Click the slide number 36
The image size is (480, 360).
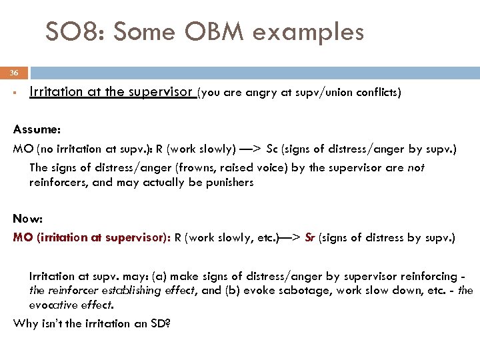[14, 73]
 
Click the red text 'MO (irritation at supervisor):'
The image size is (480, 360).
[92, 237]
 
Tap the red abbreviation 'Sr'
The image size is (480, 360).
[310, 237]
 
